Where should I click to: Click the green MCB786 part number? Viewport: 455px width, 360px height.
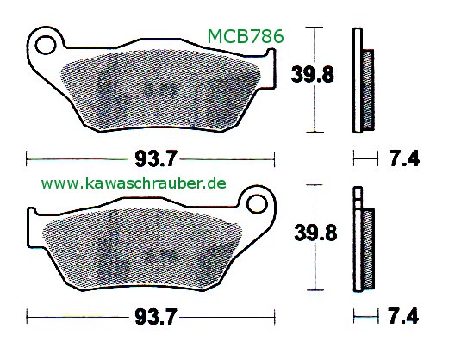[246, 37]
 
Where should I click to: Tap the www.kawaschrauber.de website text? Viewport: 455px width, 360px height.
[134, 183]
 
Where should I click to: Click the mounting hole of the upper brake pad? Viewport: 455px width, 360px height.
[46, 45]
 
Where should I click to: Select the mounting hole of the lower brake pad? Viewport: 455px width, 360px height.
[257, 203]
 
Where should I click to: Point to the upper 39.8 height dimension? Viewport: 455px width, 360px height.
[312, 74]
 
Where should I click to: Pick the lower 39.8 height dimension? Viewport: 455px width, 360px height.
[315, 233]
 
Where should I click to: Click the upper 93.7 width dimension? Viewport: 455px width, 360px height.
[155, 159]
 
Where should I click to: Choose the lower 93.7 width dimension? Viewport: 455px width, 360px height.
[155, 317]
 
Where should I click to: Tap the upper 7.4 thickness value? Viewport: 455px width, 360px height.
[404, 159]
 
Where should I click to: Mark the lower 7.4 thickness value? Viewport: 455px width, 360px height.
[403, 316]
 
